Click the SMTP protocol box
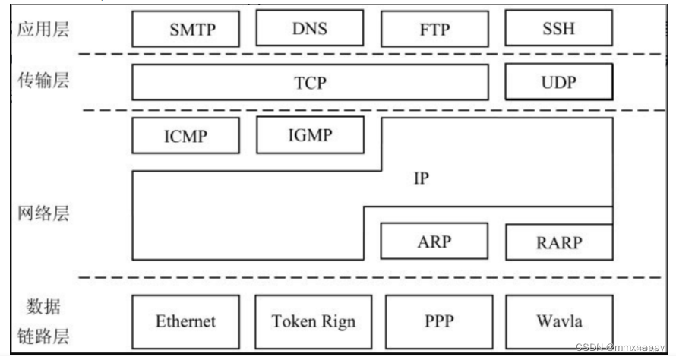pos(192,29)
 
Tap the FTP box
pos(434,29)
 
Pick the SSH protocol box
pos(558,29)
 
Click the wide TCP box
pos(310,83)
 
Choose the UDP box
pos(558,83)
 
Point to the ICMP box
pos(185,137)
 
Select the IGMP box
pos(310,135)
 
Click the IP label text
pos(421,180)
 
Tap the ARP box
pos(434,242)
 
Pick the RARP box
pos(558,242)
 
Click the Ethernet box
pos(186,321)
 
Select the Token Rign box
pos(313,321)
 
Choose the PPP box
pos(439,321)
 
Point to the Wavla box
pos(558,321)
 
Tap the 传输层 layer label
pos(43,81)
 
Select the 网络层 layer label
pos(43,213)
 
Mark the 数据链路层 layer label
pos(43,322)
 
